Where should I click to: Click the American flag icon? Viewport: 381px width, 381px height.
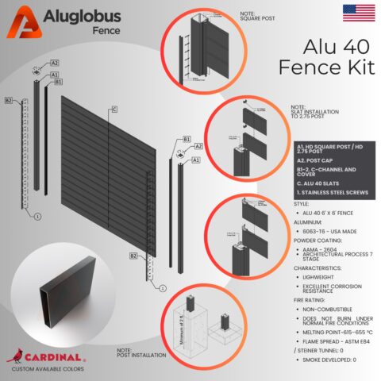pos(359,11)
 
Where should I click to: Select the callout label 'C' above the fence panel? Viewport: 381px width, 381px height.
pos(114,109)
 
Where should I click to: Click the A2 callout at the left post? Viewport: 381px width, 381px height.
pos(55,62)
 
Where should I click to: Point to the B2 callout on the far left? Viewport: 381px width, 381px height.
pos(9,100)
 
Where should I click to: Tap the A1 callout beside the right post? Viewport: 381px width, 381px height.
pos(195,160)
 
